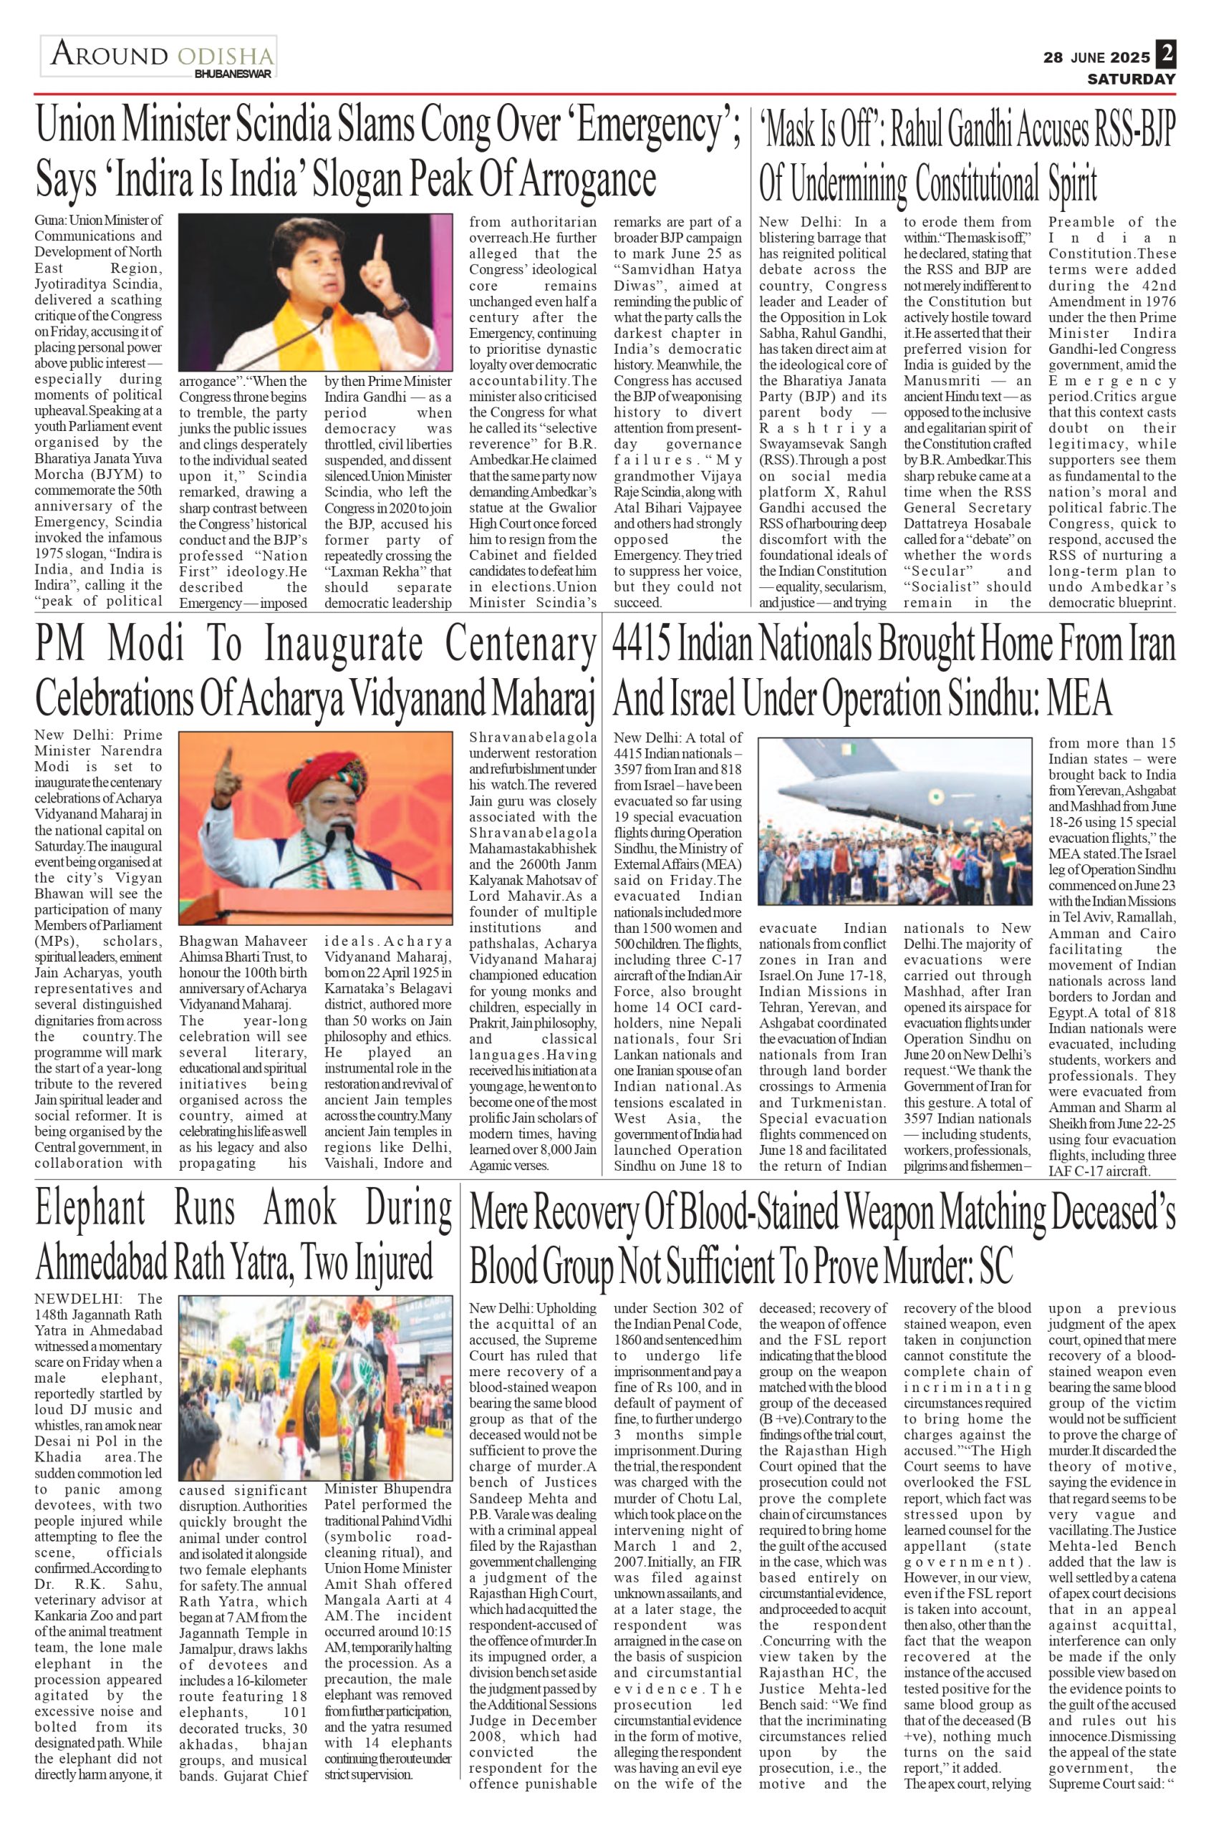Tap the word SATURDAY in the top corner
tap(1132, 79)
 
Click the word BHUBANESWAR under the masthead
tap(233, 74)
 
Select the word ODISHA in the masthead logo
tap(225, 57)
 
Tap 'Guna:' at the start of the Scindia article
tap(51, 221)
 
